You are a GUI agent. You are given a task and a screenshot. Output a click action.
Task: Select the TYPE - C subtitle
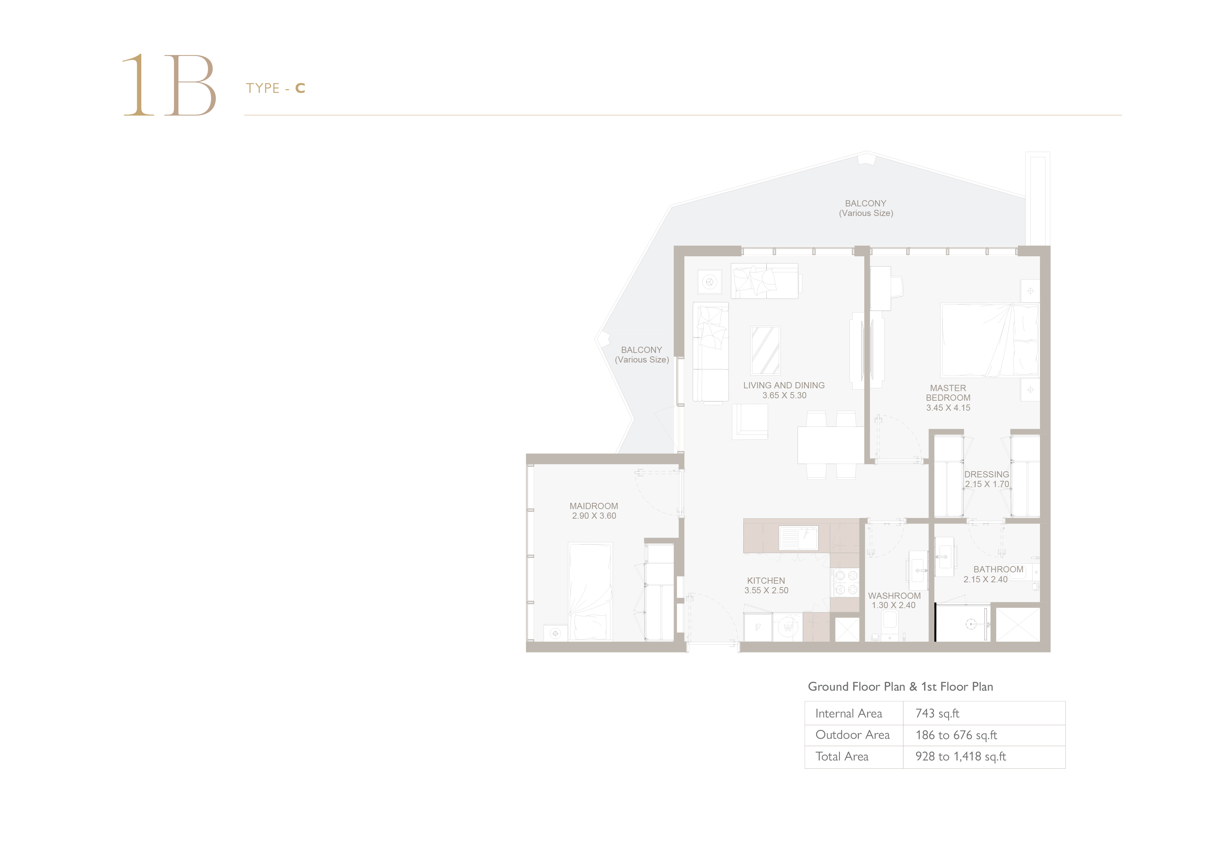point(275,88)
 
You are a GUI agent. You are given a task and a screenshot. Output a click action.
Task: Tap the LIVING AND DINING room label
point(784,385)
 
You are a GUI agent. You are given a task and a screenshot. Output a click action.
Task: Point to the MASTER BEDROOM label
point(948,392)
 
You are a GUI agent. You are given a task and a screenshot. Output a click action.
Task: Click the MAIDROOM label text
point(593,506)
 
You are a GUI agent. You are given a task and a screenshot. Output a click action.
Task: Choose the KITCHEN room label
point(766,581)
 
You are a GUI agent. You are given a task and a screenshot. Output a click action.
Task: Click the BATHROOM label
point(998,569)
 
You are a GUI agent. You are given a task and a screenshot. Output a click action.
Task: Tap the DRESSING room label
point(986,474)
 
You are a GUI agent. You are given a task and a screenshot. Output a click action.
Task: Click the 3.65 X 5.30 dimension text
point(784,395)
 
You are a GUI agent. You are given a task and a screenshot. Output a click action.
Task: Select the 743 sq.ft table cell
point(937,713)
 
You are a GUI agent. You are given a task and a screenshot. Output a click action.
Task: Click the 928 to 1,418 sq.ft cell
point(960,756)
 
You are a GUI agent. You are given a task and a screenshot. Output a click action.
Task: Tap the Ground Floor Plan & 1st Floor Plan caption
point(900,687)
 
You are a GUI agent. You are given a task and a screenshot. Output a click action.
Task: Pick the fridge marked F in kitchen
point(758,627)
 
